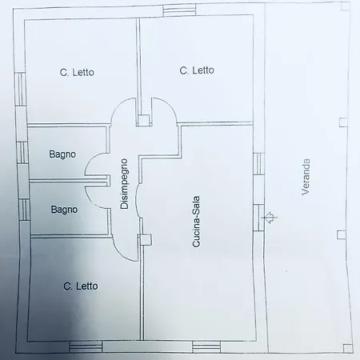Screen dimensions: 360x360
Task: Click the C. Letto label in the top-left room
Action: pos(77,72)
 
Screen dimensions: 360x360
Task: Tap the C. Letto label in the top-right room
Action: pos(197,70)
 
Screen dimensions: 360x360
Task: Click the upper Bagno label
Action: pos(62,154)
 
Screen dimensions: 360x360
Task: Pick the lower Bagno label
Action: pos(64,210)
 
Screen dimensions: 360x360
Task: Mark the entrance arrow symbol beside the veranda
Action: pos(272,217)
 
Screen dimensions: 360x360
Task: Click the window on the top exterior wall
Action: pos(174,11)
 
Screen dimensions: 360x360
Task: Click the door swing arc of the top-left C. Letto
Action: pos(122,110)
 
